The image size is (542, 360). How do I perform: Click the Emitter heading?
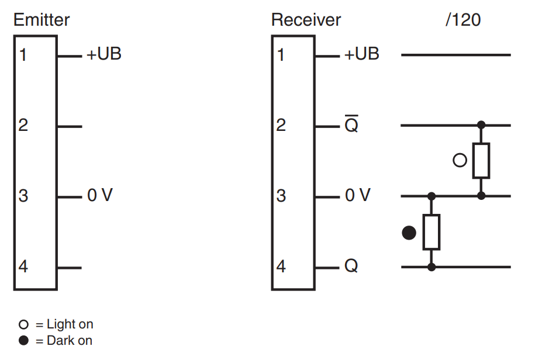42,20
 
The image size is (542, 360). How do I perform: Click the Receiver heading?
306,20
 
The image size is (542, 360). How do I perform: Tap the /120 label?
463,20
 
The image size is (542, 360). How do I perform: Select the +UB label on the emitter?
104,54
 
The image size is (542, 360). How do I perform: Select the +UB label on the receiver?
362,54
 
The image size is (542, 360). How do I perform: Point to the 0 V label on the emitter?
100,195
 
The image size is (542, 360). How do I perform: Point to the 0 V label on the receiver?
358,195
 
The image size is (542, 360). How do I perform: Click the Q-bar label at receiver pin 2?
351,124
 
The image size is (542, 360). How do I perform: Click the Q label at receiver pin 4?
351,266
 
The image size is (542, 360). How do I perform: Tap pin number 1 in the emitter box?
23,55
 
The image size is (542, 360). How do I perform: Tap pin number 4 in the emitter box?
23,266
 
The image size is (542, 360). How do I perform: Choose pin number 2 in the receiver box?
281,125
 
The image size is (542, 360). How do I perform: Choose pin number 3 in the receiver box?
281,196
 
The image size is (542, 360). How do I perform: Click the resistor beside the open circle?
481,161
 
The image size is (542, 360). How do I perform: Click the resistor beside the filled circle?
431,232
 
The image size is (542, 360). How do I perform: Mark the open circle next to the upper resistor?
460,160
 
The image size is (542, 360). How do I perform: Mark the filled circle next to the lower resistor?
409,233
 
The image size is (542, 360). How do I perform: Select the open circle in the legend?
23,324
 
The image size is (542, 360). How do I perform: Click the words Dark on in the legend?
70,341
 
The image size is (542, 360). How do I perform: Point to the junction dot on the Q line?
431,267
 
